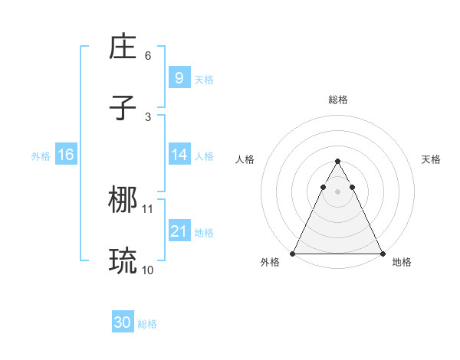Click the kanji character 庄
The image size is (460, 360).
[123, 47]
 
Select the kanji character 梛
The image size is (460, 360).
[123, 201]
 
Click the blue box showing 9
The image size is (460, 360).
[179, 77]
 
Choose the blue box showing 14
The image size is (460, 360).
[179, 155]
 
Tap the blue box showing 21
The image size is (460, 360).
[179, 231]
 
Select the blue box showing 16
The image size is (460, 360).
[66, 155]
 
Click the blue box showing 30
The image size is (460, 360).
[123, 323]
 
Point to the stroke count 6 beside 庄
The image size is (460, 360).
[148, 56]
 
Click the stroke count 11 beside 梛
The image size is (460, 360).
[148, 208]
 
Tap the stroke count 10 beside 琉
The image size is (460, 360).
[148, 270]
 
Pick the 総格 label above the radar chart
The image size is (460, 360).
[337, 100]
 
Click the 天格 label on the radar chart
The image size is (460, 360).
[431, 159]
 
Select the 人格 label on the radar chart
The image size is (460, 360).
[245, 159]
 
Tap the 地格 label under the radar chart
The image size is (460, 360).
[402, 262]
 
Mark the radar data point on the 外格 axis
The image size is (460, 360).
[293, 254]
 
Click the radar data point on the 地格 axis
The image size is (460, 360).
[382, 254]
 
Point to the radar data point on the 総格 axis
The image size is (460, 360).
[337, 162]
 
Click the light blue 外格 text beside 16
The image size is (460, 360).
[41, 155]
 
